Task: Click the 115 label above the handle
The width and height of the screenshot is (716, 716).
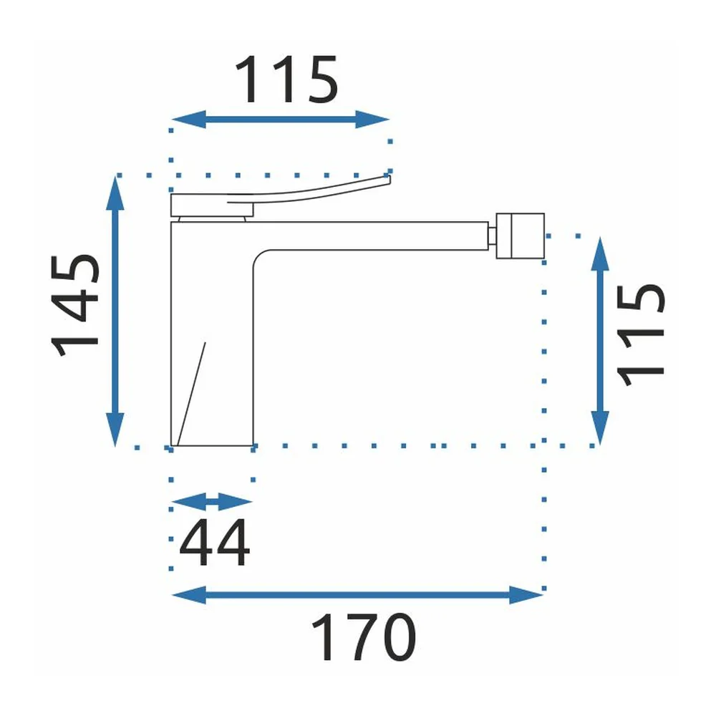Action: tap(286, 79)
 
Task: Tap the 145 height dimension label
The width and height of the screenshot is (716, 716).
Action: tap(74, 304)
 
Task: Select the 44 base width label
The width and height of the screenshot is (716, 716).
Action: tap(215, 543)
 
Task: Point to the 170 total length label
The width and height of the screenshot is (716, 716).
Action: tap(364, 637)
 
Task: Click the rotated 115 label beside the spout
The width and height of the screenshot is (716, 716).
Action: tap(639, 336)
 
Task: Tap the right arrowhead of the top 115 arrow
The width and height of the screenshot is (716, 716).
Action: tap(372, 120)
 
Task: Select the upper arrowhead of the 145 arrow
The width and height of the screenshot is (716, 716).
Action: tap(115, 193)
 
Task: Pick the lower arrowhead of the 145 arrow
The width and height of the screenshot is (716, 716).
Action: tap(115, 429)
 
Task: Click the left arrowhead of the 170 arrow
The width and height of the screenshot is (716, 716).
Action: tap(188, 595)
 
